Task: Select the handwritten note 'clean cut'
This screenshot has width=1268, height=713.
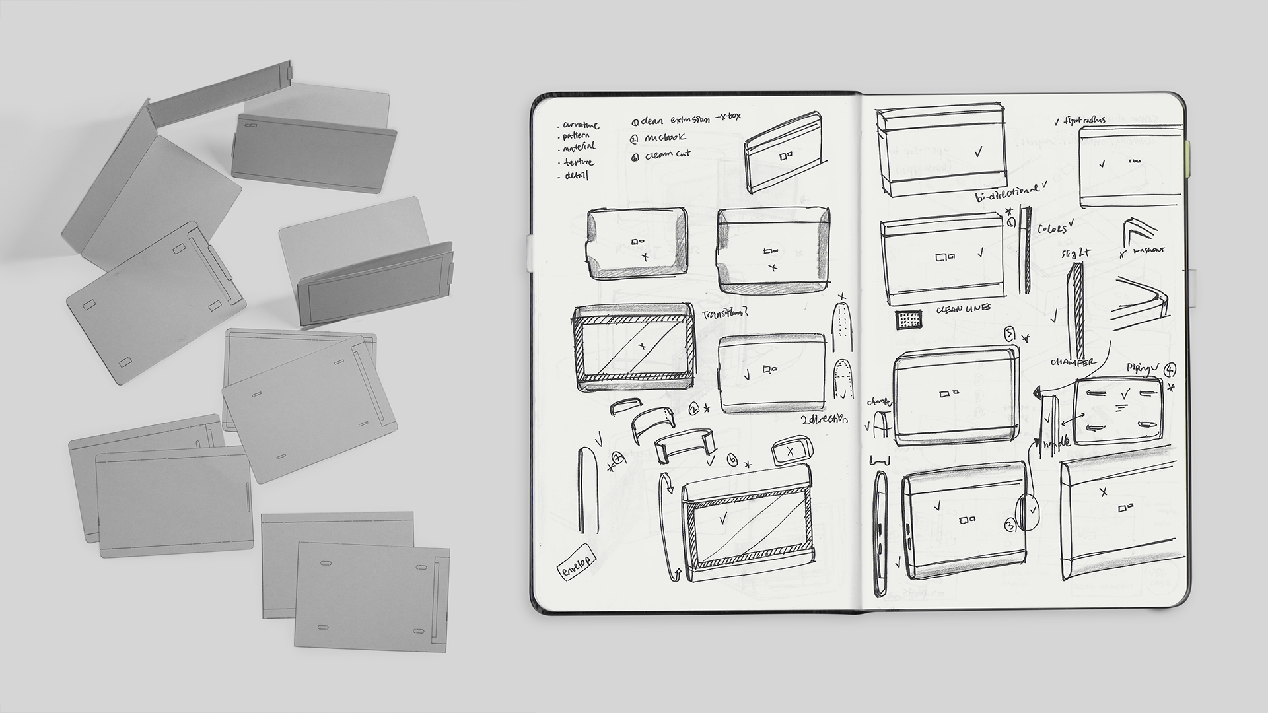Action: tap(668, 154)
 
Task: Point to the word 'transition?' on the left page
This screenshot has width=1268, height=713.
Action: tap(726, 314)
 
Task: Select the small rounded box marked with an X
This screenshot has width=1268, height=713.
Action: tap(790, 451)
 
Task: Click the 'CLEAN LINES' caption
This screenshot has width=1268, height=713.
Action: tap(963, 309)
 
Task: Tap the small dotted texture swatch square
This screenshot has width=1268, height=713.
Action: tap(909, 320)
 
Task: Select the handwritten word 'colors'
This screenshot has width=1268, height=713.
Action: tap(1051, 228)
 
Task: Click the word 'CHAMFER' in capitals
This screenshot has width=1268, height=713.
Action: tap(1073, 362)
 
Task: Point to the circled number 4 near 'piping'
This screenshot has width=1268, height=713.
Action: tap(1170, 370)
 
